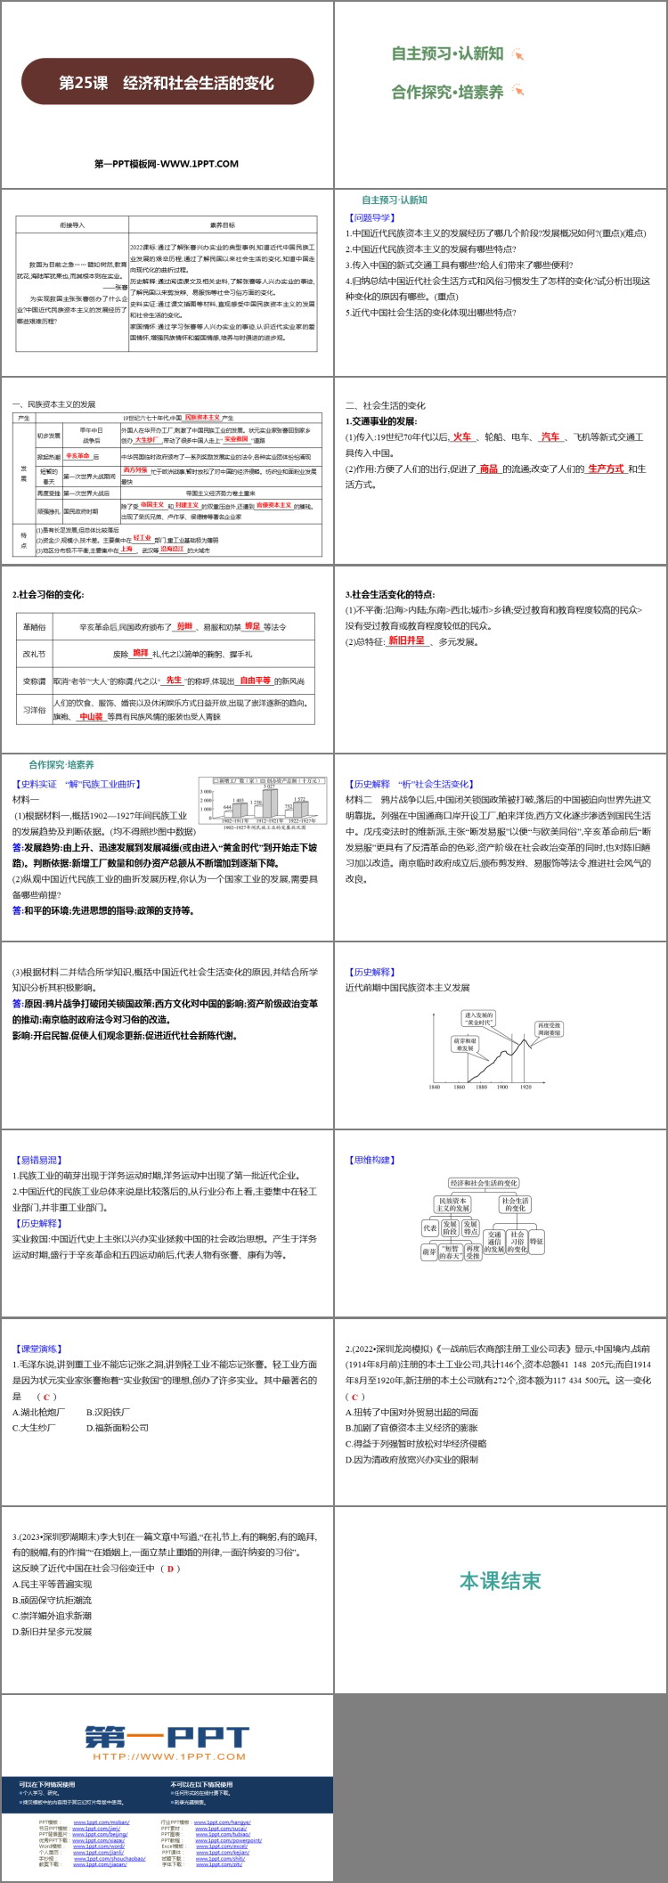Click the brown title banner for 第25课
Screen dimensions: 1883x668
coord(167,83)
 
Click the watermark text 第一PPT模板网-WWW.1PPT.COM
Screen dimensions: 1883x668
coord(167,164)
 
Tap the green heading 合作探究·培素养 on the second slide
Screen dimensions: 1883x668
coord(447,91)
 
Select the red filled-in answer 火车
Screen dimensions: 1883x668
coord(461,436)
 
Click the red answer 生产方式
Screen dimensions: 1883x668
coord(606,469)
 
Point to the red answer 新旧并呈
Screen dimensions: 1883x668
coord(406,640)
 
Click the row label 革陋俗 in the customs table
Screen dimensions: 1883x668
coord(34,627)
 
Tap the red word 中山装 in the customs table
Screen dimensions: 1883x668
coord(92,716)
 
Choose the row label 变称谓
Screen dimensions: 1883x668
coord(34,681)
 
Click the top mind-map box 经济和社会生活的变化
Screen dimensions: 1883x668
coord(483,1183)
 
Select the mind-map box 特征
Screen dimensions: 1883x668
coord(536,1241)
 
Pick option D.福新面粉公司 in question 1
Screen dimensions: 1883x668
coord(118,1427)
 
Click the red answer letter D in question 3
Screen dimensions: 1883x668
coord(172,1569)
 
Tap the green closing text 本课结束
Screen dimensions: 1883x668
coord(500,1581)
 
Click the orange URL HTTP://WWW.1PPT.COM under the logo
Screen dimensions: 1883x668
coord(167,1757)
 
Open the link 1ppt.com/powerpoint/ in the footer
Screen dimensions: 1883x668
coord(227,1839)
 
